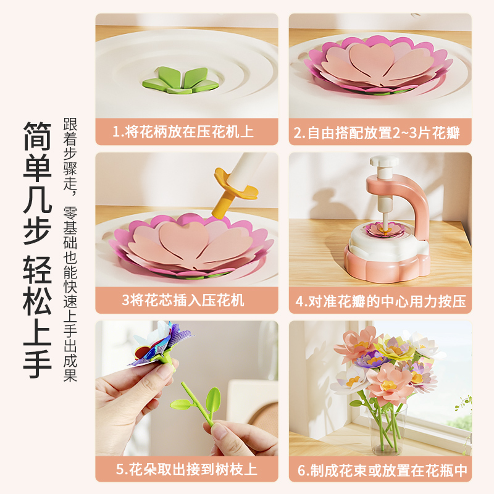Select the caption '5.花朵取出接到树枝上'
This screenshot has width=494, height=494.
(186, 469)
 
